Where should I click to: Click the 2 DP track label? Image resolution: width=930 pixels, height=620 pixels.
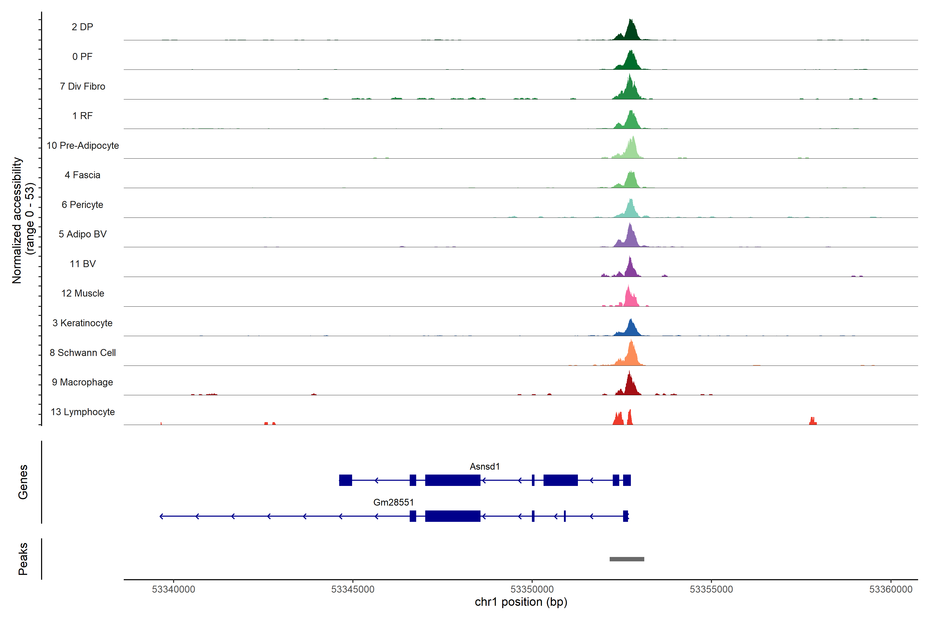point(82,27)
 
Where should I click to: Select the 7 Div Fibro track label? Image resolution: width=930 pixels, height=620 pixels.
point(82,86)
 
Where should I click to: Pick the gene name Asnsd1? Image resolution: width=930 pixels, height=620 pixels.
point(484,467)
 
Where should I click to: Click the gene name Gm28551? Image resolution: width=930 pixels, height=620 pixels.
point(393,502)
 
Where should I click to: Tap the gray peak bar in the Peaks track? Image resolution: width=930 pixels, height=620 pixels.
point(627,559)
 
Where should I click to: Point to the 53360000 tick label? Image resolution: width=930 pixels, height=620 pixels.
point(890,589)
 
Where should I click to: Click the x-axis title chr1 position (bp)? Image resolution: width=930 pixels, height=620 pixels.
point(521,602)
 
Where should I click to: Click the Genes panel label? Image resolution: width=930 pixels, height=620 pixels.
point(23,482)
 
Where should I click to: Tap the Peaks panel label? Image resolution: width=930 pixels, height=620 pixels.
point(23,559)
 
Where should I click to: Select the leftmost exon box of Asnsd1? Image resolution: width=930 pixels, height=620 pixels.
point(346,480)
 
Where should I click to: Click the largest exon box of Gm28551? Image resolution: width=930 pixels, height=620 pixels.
point(453,516)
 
